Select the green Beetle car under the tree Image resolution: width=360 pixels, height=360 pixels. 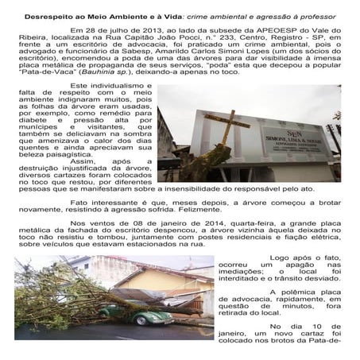[x=147, y=315]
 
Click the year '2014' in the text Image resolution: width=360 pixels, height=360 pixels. [x=179, y=226]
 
